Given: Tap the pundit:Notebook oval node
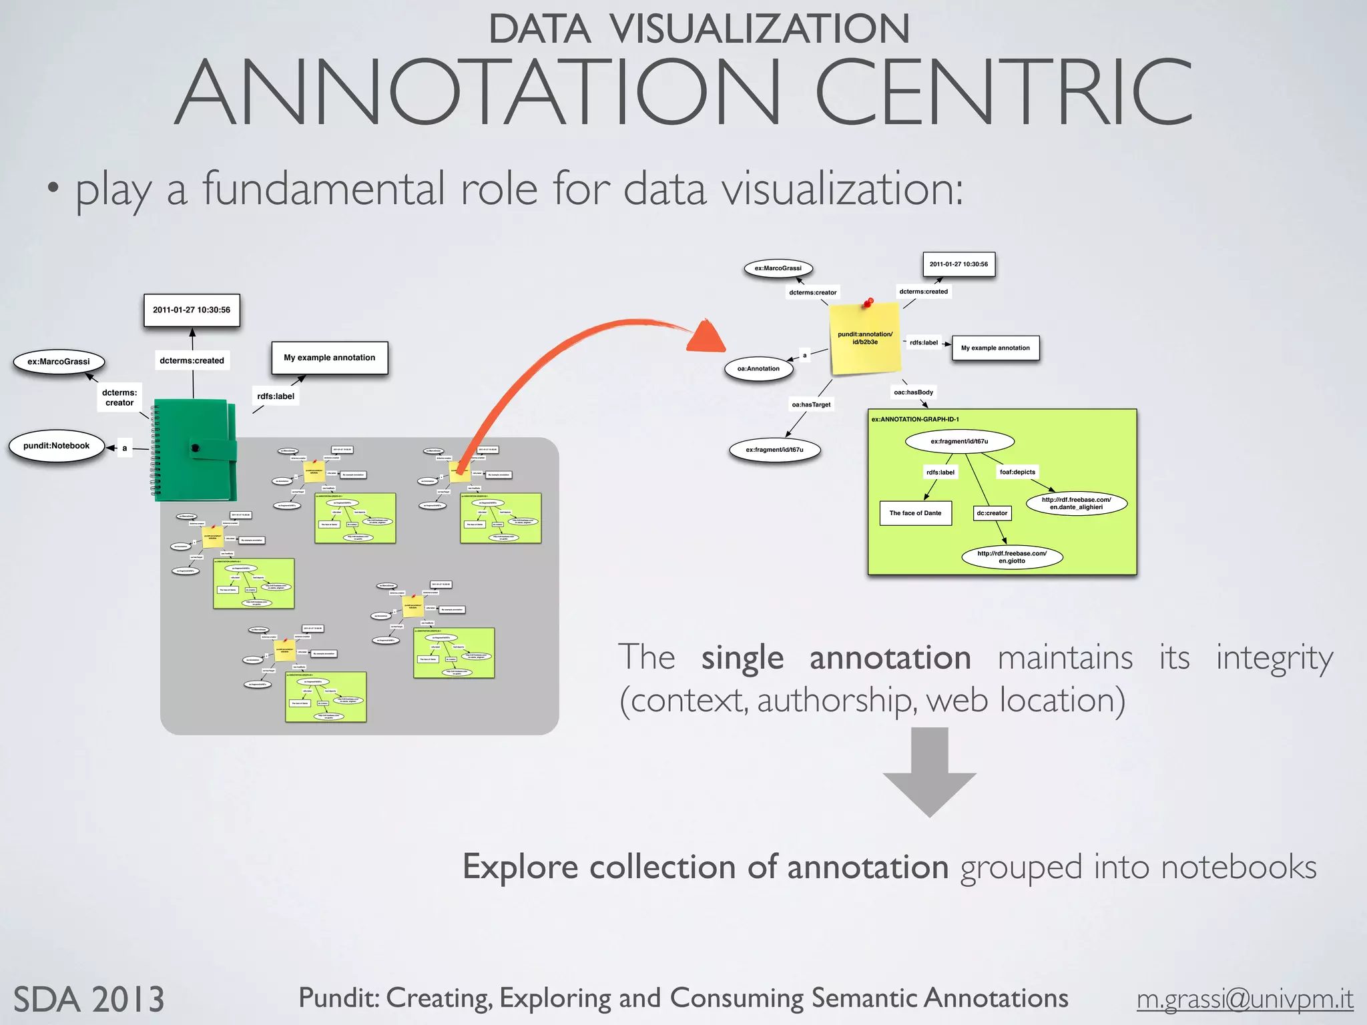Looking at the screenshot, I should pyautogui.click(x=57, y=446).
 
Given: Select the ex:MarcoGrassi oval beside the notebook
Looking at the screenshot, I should pyautogui.click(x=59, y=362).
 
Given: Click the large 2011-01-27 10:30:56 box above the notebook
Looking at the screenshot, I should pyautogui.click(x=192, y=310).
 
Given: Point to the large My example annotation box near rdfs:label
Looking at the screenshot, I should pyautogui.click(x=330, y=358).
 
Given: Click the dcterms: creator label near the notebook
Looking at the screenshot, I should pyautogui.click(x=119, y=398).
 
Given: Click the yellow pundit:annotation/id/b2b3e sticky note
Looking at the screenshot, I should pyautogui.click(x=865, y=339).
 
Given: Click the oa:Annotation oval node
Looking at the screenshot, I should pyautogui.click(x=758, y=368).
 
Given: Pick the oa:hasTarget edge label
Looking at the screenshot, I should pyautogui.click(x=811, y=404).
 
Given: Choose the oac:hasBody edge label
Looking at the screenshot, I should pyautogui.click(x=913, y=392).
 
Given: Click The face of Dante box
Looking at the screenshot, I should pyautogui.click(x=915, y=513).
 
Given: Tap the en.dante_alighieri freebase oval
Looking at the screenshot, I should pyautogui.click(x=1076, y=503).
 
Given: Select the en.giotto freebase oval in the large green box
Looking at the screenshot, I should pyautogui.click(x=1012, y=557).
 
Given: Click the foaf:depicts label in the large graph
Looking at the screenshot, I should pyautogui.click(x=1017, y=472).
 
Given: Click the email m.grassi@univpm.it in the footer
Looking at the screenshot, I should pyautogui.click(x=1245, y=999).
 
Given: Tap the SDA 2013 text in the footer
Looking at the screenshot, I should pyautogui.click(x=89, y=1000).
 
